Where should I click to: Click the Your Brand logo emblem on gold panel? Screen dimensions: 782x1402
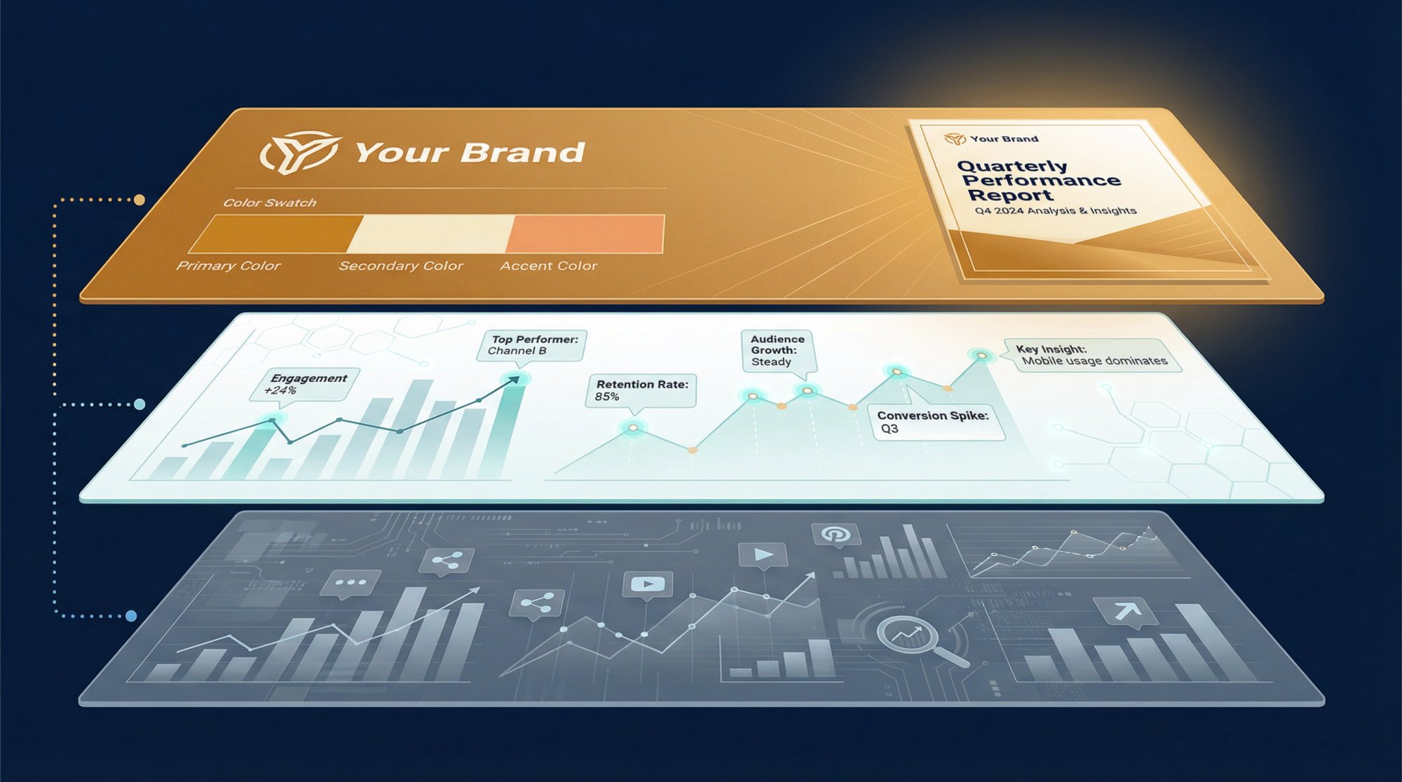[300, 152]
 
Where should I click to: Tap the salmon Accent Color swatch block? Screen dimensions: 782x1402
[586, 234]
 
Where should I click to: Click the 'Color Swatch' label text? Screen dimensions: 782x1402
[270, 203]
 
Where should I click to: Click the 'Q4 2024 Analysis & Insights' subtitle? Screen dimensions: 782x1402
[1055, 211]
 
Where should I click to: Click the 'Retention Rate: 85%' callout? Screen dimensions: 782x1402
[641, 390]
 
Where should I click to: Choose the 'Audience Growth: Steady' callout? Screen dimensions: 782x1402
[777, 350]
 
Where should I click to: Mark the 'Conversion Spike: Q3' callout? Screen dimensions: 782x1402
[935, 422]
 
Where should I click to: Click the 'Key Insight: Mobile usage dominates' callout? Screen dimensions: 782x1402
[1092, 355]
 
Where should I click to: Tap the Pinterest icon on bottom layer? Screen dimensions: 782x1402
[836, 535]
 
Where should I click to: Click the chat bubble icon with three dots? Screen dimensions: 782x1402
[350, 583]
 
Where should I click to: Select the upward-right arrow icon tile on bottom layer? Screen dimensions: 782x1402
[1127, 611]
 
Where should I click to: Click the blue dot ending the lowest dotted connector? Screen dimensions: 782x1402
[131, 616]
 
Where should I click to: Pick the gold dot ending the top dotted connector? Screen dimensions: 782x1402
[139, 200]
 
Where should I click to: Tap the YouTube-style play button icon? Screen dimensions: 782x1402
[647, 584]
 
